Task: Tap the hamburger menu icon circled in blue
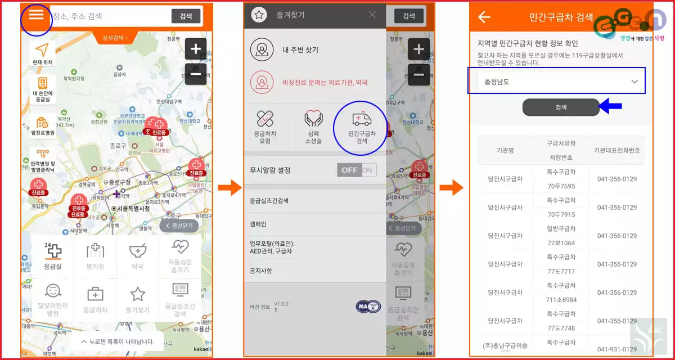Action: point(36,15)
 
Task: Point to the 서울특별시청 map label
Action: point(131,209)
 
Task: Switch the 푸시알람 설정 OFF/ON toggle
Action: point(357,170)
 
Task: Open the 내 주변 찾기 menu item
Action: point(300,49)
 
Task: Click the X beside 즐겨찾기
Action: point(372,15)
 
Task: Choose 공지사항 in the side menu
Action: point(261,271)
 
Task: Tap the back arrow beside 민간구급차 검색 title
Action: point(484,17)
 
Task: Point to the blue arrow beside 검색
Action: point(612,105)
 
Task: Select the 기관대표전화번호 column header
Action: point(617,150)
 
